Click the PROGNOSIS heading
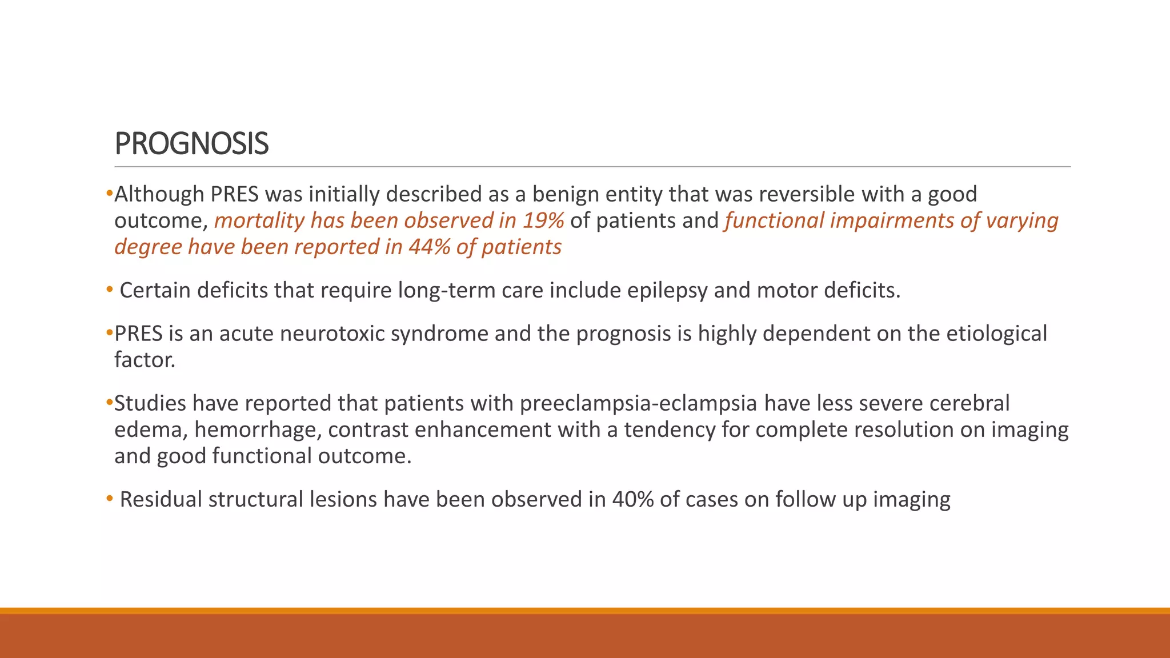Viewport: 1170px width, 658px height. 191,143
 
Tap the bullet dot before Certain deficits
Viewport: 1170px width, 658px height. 110,290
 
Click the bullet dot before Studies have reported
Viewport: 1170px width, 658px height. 110,403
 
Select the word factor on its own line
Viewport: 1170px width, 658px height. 144,360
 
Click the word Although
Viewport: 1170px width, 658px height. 159,194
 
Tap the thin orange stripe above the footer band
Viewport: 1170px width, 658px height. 585,611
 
